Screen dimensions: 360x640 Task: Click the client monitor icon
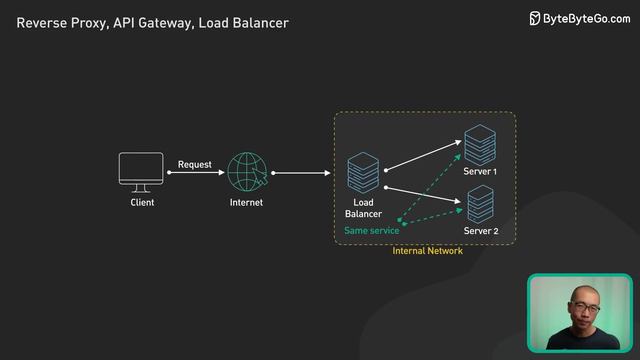(141, 171)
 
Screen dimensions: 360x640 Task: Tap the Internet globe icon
(246, 172)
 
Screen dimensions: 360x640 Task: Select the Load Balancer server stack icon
(361, 173)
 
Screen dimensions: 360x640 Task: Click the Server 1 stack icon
(480, 144)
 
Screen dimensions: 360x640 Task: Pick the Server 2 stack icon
(480, 203)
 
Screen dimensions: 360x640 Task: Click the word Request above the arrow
(195, 164)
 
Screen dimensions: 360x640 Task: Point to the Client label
(142, 203)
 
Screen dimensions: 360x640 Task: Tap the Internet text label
(246, 203)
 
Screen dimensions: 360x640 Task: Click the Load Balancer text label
(363, 208)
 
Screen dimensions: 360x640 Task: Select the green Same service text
(371, 231)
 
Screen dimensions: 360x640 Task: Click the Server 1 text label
(481, 172)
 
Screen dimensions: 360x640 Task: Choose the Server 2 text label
(481, 231)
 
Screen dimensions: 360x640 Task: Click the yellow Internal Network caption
(427, 251)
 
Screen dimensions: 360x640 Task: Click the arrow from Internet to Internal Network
(300, 173)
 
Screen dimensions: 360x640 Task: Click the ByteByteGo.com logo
(579, 18)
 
